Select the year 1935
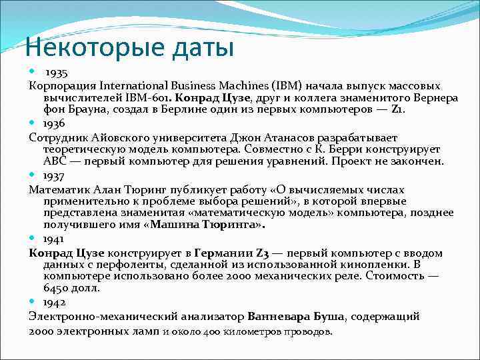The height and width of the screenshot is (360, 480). [x=57, y=71]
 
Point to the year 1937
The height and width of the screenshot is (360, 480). [x=54, y=175]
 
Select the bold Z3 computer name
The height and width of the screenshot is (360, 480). [x=259, y=253]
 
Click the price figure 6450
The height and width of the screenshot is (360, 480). [x=55, y=289]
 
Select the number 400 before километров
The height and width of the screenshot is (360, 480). [x=211, y=331]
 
